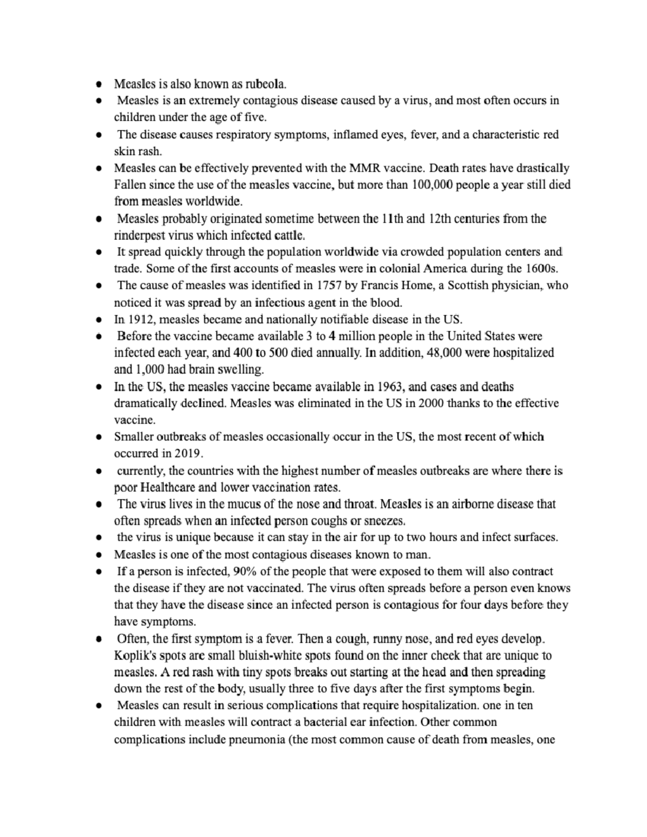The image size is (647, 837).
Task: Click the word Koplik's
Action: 133,656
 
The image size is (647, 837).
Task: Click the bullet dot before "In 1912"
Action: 99,319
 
